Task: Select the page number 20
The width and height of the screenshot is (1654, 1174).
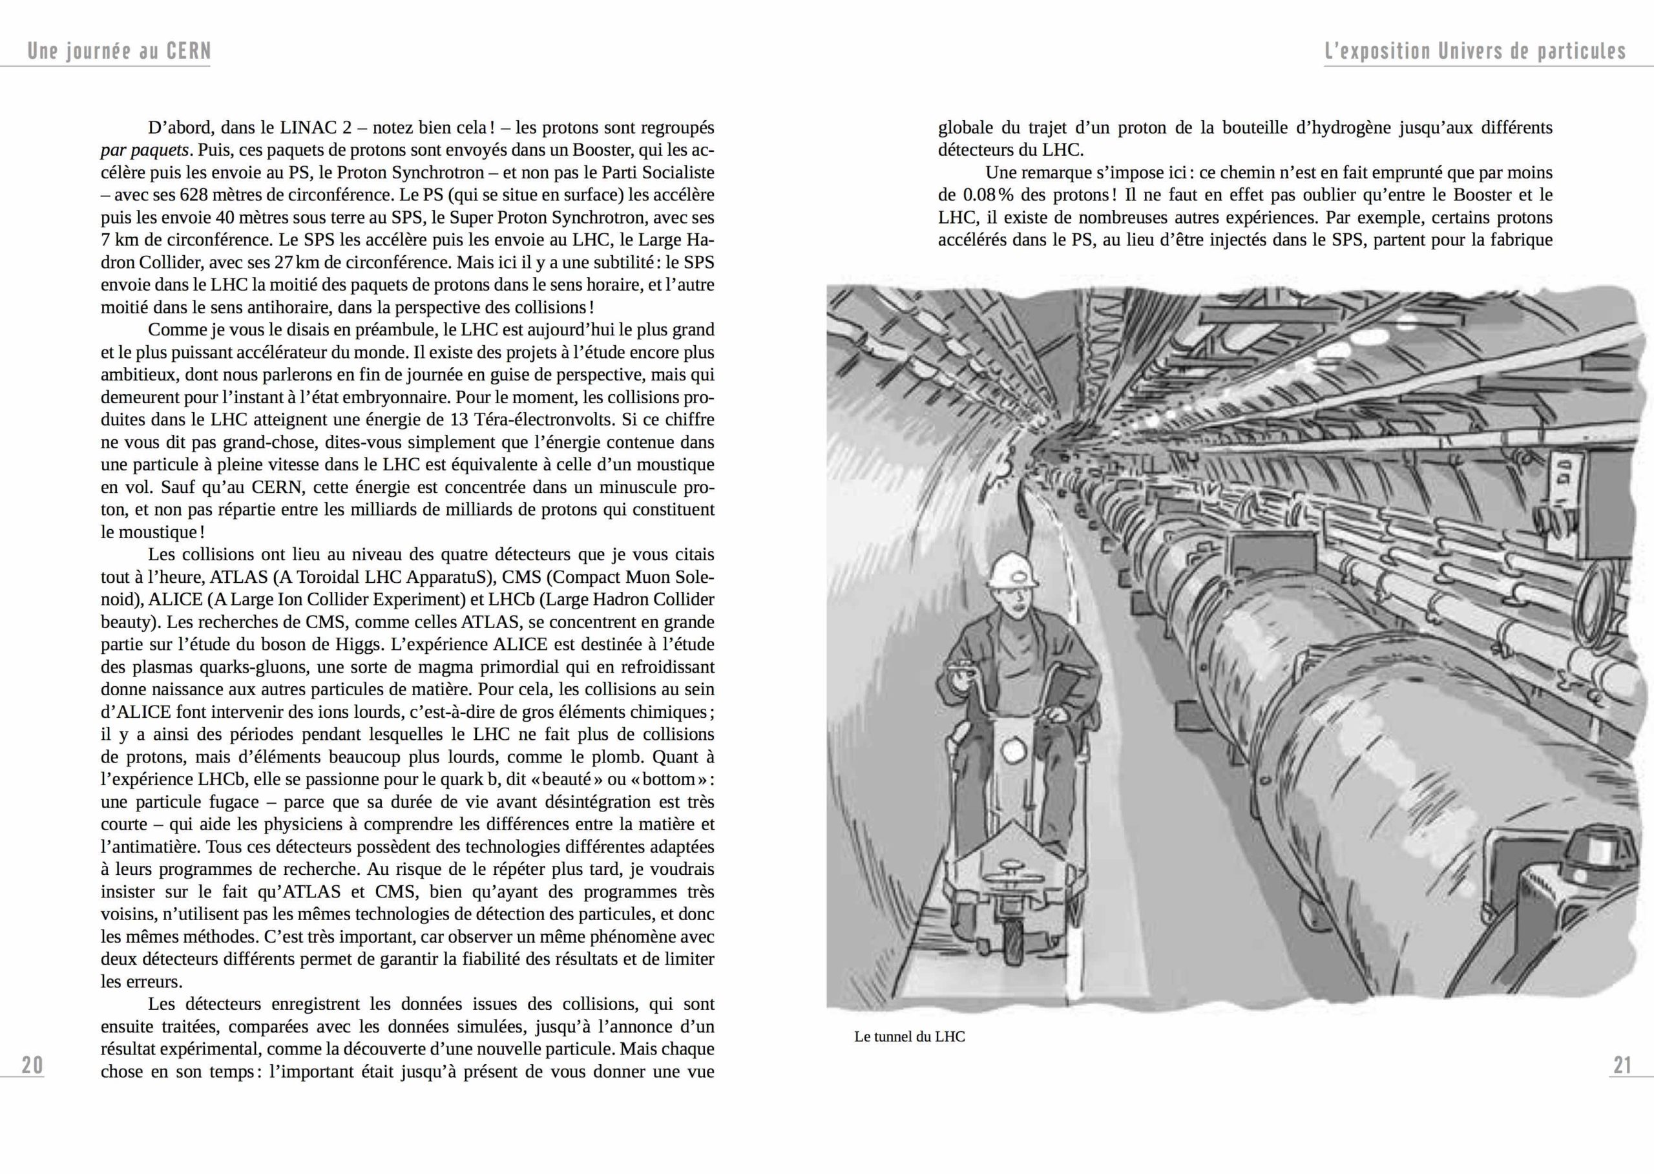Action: coord(32,1065)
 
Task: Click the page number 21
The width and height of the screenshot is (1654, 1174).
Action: coord(1622,1065)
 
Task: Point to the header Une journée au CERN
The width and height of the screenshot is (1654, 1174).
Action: coord(120,51)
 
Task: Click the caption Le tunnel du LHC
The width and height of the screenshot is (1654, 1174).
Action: coord(910,1036)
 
